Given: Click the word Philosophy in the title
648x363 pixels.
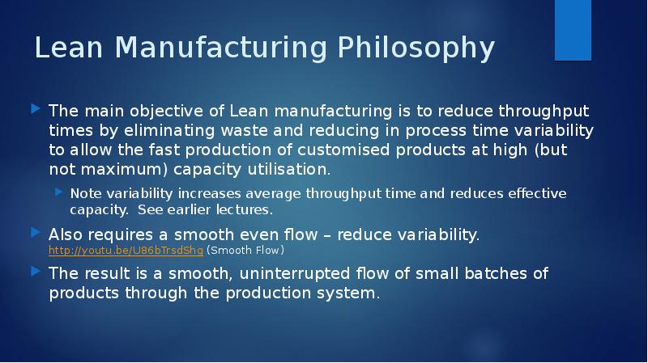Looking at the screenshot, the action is (416, 49).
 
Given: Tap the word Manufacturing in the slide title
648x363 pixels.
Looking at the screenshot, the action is (221, 47).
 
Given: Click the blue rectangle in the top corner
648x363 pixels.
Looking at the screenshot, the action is (573, 30).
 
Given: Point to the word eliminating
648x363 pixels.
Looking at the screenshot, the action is (169, 131).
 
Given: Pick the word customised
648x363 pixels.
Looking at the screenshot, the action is (343, 150).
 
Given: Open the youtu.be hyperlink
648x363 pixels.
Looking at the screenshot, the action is (126, 251).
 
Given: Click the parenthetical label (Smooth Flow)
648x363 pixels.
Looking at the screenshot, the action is (245, 251).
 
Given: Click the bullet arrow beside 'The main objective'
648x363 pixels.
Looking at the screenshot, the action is (36, 109).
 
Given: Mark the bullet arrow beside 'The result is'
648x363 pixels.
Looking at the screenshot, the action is (36, 272).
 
